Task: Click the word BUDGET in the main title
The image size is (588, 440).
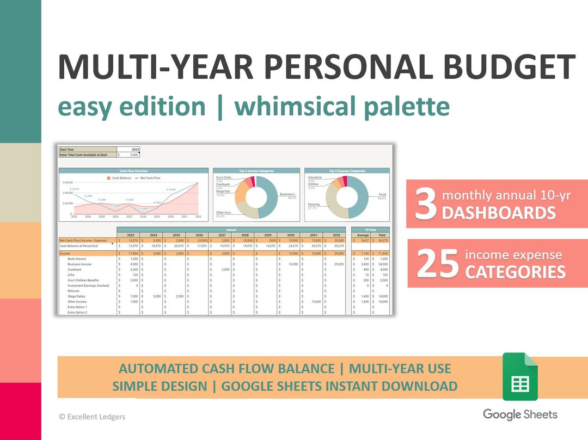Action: (509, 67)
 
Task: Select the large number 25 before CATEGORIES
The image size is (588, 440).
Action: (438, 263)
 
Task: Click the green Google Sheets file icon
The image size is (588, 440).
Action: (519, 376)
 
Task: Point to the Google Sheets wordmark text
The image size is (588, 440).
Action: (520, 414)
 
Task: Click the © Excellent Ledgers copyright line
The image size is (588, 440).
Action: (92, 417)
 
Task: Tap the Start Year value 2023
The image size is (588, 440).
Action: (135, 149)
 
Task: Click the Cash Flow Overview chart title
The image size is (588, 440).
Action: (134, 171)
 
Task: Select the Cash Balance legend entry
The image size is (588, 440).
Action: (121, 178)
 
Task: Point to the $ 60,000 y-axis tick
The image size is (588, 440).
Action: (68, 183)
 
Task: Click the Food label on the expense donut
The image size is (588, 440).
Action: (382, 194)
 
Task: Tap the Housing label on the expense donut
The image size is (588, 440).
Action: (313, 204)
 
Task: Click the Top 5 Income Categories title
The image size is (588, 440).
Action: (256, 171)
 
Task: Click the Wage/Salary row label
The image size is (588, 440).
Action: (76, 296)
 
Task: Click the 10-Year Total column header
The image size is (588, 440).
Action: (382, 235)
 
